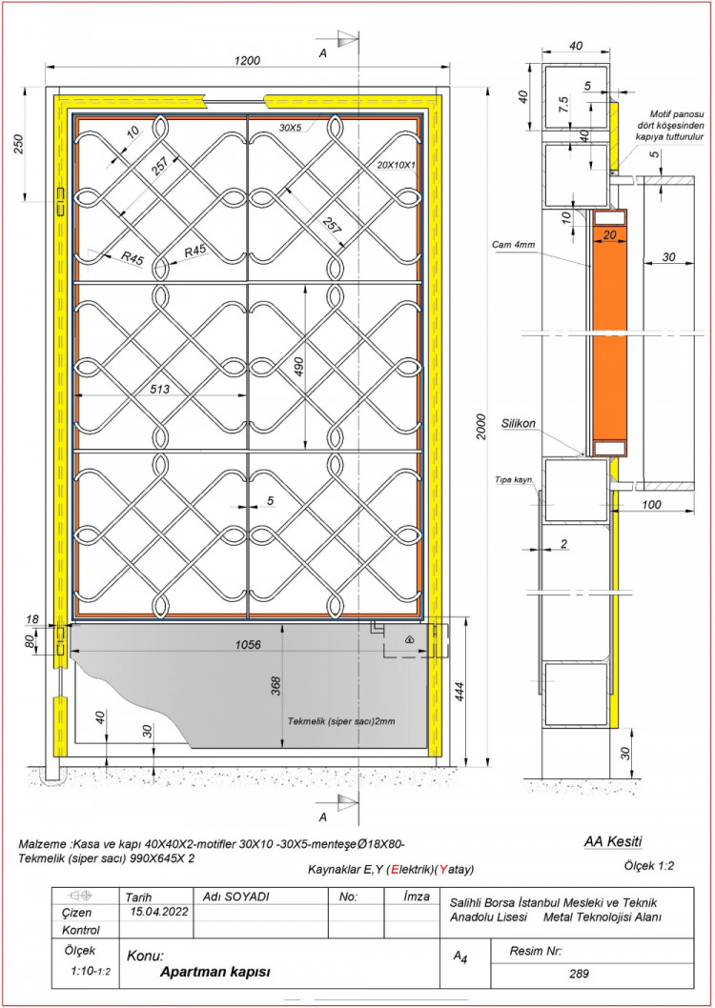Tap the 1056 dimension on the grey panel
248,645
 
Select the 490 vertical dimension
298,367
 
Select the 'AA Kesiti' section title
613,841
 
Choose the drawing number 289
579,974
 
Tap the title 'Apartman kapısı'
214,972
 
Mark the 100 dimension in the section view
651,505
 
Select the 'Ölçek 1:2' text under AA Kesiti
648,865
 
